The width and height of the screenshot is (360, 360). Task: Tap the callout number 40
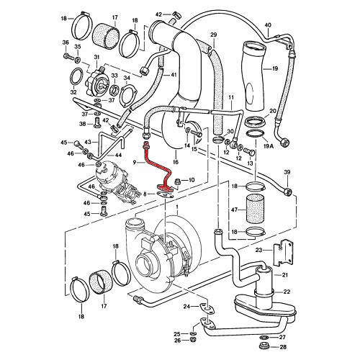268,26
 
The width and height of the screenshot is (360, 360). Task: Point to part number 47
233,211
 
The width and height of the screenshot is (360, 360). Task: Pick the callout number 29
213,35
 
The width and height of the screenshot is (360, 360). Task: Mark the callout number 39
287,174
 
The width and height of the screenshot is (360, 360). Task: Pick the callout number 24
186,307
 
